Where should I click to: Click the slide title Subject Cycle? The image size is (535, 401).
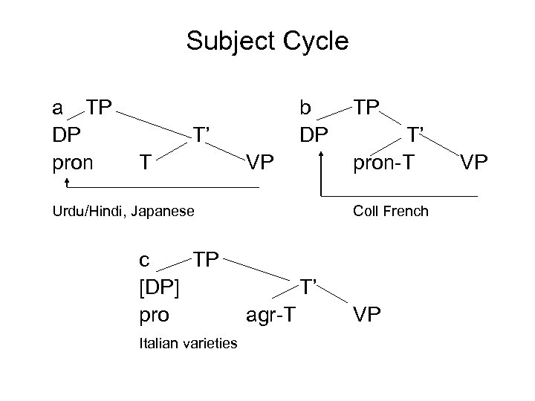pyautogui.click(x=267, y=41)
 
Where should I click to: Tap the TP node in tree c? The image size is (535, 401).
pyautogui.click(x=207, y=259)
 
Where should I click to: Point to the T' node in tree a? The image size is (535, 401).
pyautogui.click(x=204, y=134)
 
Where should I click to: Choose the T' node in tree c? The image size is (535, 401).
pyautogui.click(x=310, y=287)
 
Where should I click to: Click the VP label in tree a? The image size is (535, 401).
pyautogui.click(x=260, y=162)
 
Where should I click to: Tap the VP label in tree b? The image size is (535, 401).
pyautogui.click(x=472, y=162)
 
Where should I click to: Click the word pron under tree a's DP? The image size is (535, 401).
pyautogui.click(x=73, y=162)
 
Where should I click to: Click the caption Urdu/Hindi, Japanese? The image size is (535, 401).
pyautogui.click(x=123, y=212)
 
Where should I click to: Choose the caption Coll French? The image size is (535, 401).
pyautogui.click(x=391, y=212)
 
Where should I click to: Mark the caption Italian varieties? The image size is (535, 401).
pyautogui.click(x=189, y=343)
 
